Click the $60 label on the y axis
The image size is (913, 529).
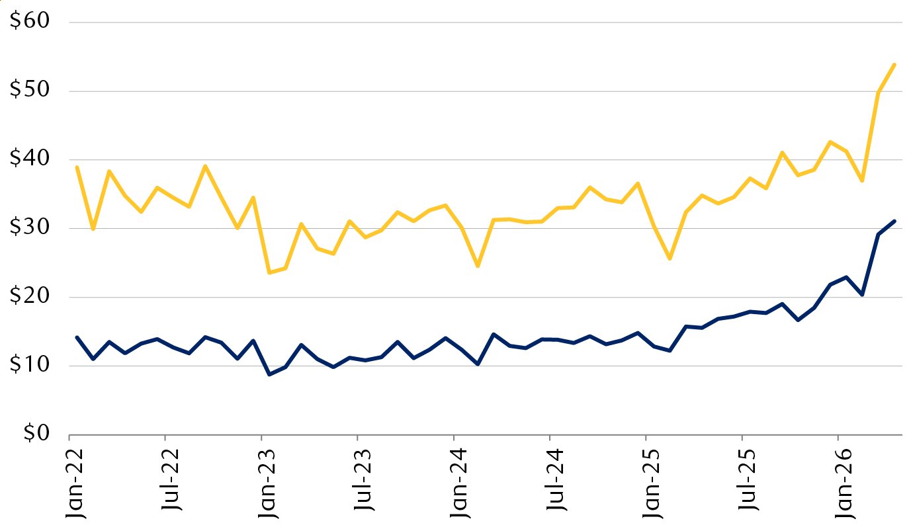(x=30, y=20)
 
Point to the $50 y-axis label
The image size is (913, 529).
(x=30, y=89)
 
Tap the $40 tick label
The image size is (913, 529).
(x=30, y=157)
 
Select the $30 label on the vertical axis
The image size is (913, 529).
(x=30, y=226)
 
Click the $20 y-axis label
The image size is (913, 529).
(x=30, y=295)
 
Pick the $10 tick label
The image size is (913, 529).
(x=30, y=364)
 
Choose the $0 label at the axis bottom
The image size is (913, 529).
(x=36, y=432)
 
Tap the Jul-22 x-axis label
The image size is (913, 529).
(x=171, y=479)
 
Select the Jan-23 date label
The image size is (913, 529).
(x=267, y=484)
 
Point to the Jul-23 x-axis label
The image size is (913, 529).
(x=363, y=479)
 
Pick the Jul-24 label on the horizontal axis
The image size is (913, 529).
(x=556, y=479)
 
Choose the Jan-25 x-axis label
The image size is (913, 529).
(x=652, y=484)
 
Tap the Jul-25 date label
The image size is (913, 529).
(x=748, y=479)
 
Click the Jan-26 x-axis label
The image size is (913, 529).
(x=844, y=484)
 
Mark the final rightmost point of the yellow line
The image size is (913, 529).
(x=894, y=65)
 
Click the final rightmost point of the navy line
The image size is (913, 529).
(x=894, y=221)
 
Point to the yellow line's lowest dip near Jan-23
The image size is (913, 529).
(x=269, y=272)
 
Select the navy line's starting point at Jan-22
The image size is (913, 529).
(x=77, y=338)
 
